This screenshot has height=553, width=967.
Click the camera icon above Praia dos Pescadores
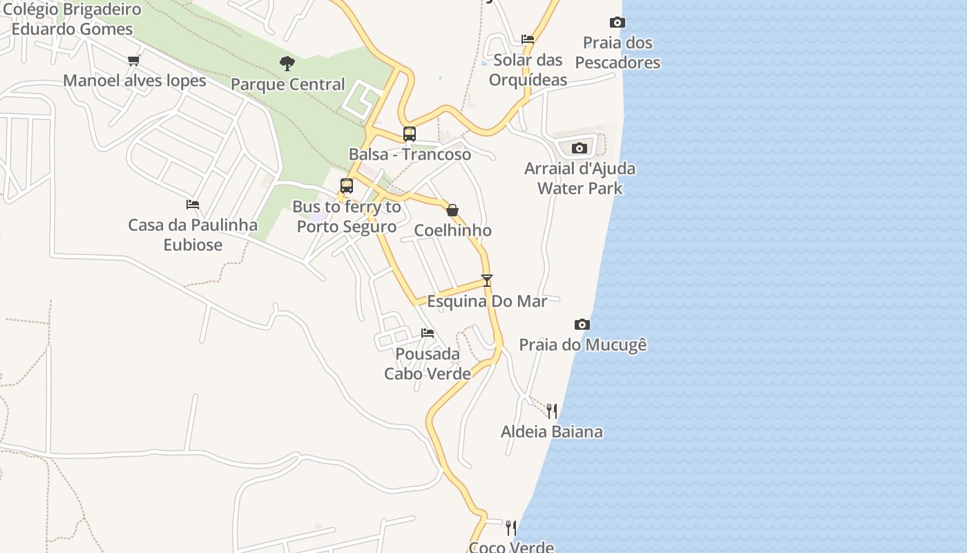click(x=617, y=23)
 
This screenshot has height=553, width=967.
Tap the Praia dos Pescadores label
click(x=617, y=53)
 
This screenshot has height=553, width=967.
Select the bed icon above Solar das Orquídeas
click(x=528, y=39)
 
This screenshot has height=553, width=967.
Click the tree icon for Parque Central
click(x=287, y=64)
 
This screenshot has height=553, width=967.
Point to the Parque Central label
click(x=287, y=84)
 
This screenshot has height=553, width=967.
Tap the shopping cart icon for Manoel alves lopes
click(x=134, y=60)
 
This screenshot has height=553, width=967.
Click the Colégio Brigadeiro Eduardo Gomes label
click(x=72, y=19)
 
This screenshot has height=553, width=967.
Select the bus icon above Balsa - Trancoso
click(x=410, y=134)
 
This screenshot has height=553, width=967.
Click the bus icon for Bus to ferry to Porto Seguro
click(x=347, y=186)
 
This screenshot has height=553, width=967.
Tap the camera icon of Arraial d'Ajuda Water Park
click(x=580, y=148)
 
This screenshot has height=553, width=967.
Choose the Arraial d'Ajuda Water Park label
click(x=580, y=178)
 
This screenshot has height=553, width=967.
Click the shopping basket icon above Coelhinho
click(x=452, y=210)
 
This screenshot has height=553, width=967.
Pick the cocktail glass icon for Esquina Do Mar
click(x=487, y=281)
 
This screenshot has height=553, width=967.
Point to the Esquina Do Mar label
click(x=487, y=301)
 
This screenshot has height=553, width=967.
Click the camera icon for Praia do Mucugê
click(x=582, y=324)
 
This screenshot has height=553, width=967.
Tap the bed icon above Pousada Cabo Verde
click(x=428, y=333)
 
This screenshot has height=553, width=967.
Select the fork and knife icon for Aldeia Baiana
click(x=551, y=411)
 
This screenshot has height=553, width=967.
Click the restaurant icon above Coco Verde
click(x=511, y=528)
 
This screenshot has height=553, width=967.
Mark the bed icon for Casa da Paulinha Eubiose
click(x=193, y=205)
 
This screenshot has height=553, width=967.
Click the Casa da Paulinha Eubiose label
click(x=193, y=235)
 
